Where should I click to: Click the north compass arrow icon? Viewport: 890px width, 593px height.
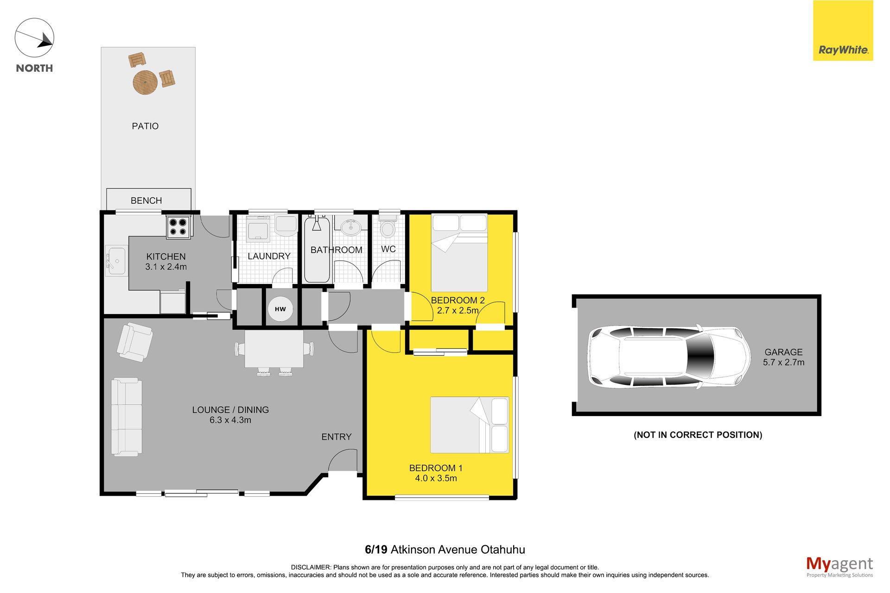point(34,38)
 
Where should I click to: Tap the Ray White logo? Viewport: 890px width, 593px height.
point(843,31)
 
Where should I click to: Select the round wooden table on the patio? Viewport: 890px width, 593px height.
point(145,82)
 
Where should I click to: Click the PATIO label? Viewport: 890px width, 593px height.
point(145,126)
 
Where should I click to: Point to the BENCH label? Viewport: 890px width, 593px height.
point(146,201)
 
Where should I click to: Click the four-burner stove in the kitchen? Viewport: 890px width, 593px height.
point(178,227)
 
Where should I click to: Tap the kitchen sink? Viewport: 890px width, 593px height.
point(116,261)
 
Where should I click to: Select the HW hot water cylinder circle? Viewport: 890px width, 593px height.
point(280,309)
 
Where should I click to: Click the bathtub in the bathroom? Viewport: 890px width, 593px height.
point(317,249)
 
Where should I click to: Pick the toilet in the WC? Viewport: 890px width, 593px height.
point(388,226)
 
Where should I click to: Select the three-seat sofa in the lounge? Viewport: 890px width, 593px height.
point(127,417)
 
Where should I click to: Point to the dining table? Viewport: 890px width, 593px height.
point(274,349)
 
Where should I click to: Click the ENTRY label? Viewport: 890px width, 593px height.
point(337,437)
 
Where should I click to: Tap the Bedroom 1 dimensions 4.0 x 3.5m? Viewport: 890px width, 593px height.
point(436,478)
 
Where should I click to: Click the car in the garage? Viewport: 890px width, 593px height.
point(669,357)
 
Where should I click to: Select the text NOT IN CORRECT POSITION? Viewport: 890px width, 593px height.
point(698,435)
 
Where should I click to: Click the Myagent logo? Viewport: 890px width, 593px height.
point(839,567)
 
